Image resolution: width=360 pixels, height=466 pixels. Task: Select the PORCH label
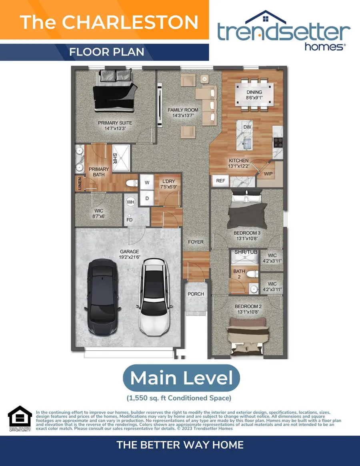click(196, 294)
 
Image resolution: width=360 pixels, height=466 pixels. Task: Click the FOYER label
click(196, 242)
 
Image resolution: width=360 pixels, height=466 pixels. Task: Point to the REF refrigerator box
click(220, 181)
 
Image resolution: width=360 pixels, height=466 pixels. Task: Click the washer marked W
click(147, 182)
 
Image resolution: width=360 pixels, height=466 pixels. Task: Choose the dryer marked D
click(147, 198)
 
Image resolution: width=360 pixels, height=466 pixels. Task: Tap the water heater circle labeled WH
click(130, 202)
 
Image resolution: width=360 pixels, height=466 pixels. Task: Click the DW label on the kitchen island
click(247, 127)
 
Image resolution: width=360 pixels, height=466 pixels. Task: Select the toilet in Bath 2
click(253, 274)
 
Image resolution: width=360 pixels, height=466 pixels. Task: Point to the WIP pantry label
click(268, 174)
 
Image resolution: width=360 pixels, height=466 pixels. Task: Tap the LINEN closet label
click(79, 183)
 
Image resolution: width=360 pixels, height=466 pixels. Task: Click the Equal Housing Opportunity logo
click(20, 418)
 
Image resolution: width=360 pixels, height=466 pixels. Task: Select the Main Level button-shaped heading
click(181, 378)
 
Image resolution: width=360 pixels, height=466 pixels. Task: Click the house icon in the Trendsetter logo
click(266, 18)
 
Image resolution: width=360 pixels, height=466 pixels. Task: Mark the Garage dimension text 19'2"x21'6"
click(130, 257)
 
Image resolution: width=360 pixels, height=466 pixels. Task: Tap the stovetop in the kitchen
click(278, 142)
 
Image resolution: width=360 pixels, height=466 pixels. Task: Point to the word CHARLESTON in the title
click(130, 22)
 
